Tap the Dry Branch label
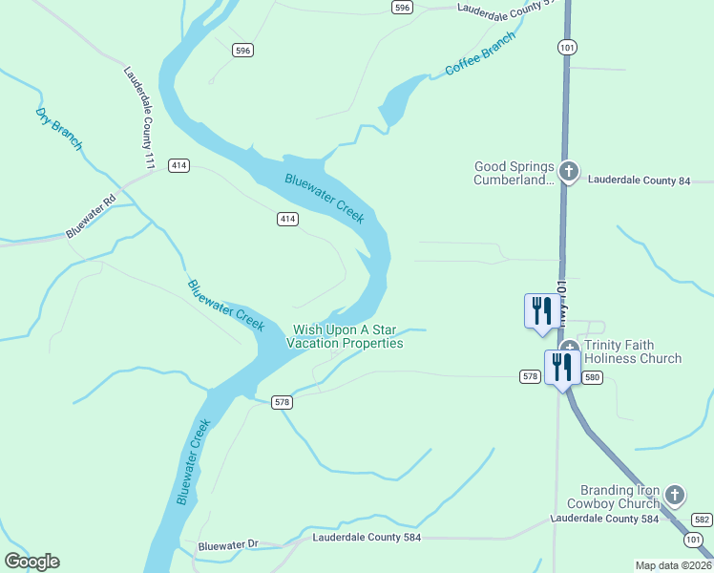[x=59, y=129]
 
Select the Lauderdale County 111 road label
[x=139, y=117]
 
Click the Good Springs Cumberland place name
[x=514, y=173]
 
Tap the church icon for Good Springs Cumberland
[x=569, y=172]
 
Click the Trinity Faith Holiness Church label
[x=633, y=351]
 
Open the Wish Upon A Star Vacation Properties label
[x=347, y=336]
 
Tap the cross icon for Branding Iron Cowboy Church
[x=675, y=495]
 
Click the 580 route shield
[x=593, y=377]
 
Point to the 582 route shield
[x=702, y=520]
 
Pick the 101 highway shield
[x=569, y=47]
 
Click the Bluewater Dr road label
[x=228, y=545]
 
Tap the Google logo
[x=31, y=562]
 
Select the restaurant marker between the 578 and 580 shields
[x=561, y=368]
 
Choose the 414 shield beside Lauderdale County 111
[x=178, y=165]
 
